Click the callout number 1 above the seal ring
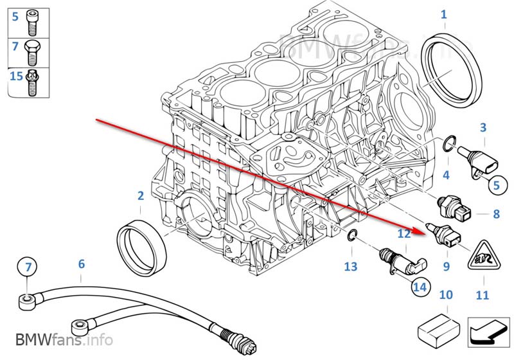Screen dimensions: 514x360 tap(444, 14)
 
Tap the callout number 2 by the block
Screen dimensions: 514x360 tap(141, 195)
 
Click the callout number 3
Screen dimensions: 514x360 tap(483, 127)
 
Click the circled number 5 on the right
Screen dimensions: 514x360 tap(497, 186)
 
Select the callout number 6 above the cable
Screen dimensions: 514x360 tap(82, 264)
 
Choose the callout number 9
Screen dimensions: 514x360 tap(446, 266)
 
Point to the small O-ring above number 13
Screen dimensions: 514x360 tap(352, 235)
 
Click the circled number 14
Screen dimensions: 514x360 tap(420, 287)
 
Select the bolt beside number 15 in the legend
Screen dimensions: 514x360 tap(31, 82)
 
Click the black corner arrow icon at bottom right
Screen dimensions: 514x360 tap(488, 332)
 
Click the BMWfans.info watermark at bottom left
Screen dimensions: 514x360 tap(64, 339)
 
